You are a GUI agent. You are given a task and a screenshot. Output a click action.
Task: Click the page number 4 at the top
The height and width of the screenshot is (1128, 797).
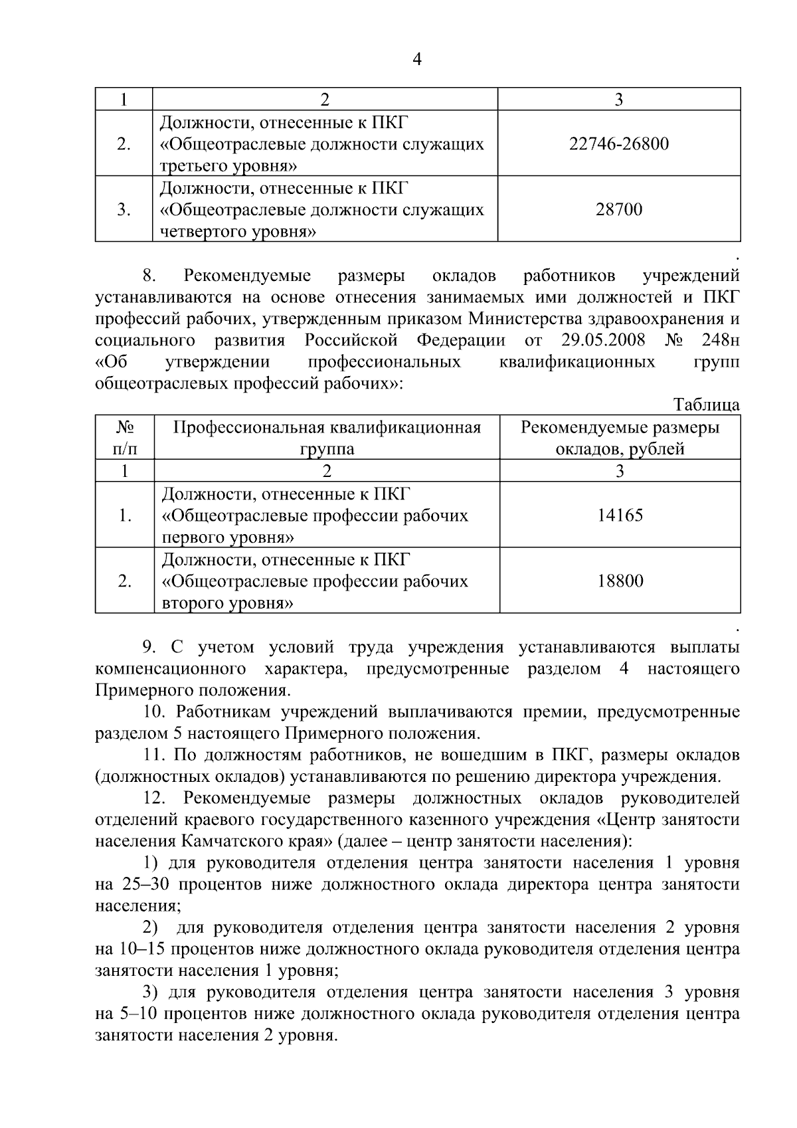click(417, 60)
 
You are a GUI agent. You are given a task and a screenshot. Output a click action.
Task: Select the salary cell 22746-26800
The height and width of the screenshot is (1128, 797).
click(619, 143)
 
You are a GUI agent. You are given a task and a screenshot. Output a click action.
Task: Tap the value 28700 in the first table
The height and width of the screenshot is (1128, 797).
click(619, 210)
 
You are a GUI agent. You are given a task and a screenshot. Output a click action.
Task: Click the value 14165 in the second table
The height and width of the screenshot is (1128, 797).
click(620, 516)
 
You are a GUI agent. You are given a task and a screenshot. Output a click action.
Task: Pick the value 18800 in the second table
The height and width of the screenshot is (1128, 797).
click(620, 581)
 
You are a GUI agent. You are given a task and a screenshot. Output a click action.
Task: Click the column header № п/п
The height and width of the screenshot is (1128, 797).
click(125, 438)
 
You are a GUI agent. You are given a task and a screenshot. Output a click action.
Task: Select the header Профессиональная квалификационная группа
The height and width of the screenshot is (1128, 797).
click(327, 438)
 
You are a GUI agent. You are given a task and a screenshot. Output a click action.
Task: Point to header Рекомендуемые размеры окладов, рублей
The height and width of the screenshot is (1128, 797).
click(620, 438)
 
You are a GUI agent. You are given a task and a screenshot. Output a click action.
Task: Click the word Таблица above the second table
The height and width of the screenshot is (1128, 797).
click(706, 405)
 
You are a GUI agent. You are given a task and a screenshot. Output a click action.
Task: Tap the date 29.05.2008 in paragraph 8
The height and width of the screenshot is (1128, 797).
click(603, 341)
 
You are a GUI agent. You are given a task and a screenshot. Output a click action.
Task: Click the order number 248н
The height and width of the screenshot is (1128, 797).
click(720, 341)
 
